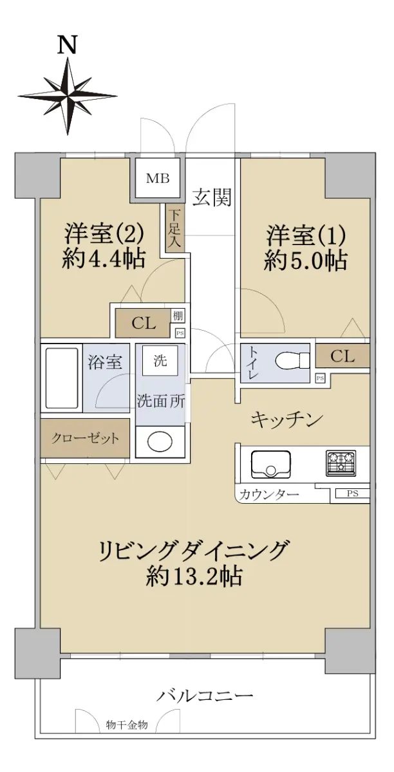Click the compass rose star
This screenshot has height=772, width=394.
68,95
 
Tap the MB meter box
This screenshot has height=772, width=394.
158,179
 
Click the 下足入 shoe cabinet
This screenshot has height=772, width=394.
174,229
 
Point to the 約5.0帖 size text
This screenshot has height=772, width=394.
305,261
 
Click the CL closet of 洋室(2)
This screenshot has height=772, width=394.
143,324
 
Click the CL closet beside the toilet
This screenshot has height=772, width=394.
342,356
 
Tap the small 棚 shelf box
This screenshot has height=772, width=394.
178,315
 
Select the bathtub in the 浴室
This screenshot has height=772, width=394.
61,378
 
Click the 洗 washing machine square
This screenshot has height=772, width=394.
160,361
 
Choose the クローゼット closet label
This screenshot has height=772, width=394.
85,439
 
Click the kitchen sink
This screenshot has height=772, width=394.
271,464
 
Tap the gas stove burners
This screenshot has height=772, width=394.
341,463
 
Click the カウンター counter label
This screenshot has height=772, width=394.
268,495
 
